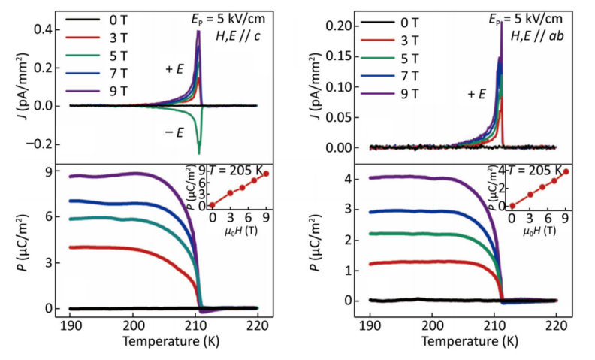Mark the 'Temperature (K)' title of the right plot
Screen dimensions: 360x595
464,343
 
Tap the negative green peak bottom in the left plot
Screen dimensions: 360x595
199,153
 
